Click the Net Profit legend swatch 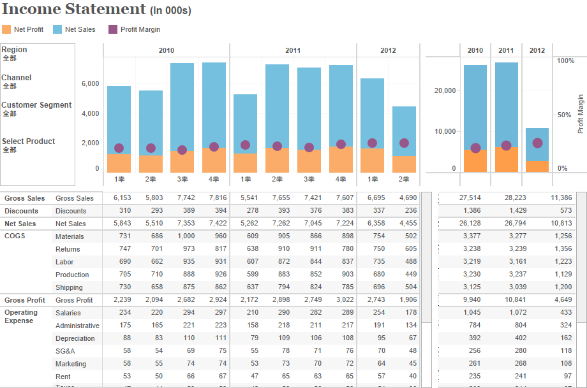click(x=6, y=29)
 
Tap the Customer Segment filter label click(x=36, y=105)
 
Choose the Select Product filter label click(x=28, y=141)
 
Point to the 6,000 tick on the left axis click(x=91, y=83)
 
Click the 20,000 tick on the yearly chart click(x=445, y=90)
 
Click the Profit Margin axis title click(x=581, y=114)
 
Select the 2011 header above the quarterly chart click(x=293, y=50)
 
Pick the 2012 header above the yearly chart click(x=537, y=50)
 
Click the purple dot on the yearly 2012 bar click(x=537, y=143)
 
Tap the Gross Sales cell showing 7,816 click(x=218, y=198)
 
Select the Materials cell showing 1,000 click(x=186, y=236)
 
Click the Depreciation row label click(x=75, y=338)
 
